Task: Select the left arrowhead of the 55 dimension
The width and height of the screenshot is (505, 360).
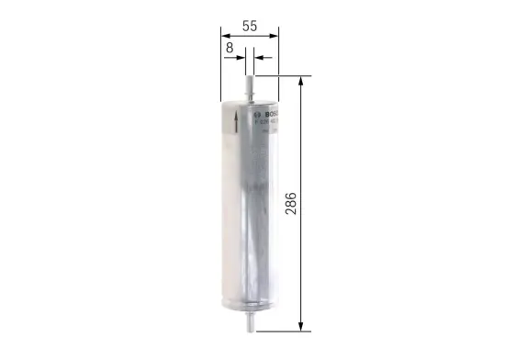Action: (225, 37)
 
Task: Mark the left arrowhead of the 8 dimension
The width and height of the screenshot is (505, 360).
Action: (241, 57)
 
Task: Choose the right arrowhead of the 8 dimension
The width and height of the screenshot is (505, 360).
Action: (257, 57)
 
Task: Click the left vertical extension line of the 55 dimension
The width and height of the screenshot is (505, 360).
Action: (221, 64)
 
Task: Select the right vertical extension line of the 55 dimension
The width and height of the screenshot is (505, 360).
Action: (277, 64)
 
